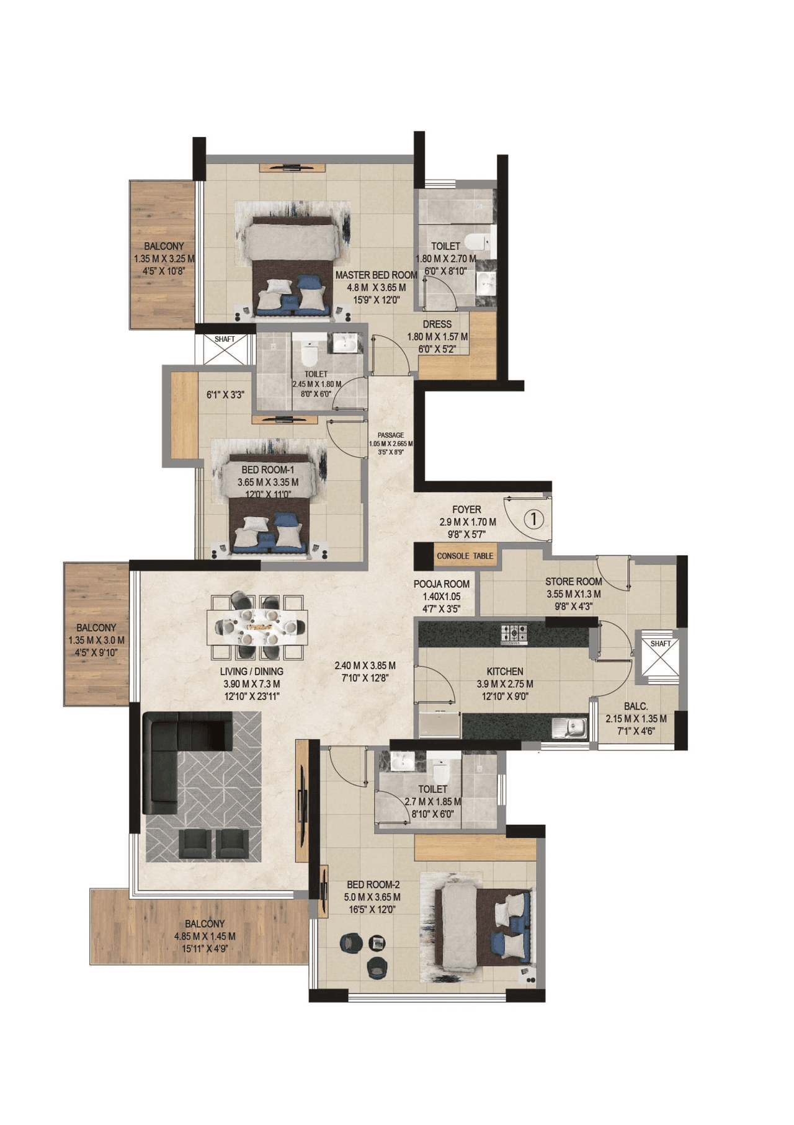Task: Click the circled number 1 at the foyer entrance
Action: click(533, 518)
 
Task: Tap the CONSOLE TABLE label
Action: click(465, 556)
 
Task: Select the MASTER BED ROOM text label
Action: click(376, 275)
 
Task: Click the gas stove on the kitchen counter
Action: click(514, 633)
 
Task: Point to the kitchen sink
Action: click(570, 727)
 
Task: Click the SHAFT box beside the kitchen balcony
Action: click(660, 657)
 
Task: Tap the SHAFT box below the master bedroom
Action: click(225, 349)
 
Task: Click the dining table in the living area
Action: click(257, 628)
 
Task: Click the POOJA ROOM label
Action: click(442, 584)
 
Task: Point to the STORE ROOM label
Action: click(573, 581)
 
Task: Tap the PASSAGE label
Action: click(391, 435)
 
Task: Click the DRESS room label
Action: click(437, 324)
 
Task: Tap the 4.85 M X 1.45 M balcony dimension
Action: click(205, 936)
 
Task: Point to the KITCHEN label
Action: click(504, 671)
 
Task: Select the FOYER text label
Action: click(466, 509)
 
